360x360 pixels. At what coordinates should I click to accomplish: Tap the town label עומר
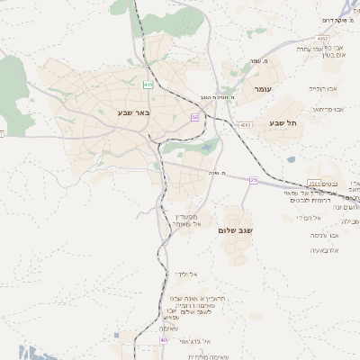click(x=262, y=89)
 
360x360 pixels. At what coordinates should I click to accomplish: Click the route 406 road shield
click(x=148, y=85)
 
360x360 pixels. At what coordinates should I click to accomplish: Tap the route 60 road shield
click(x=194, y=118)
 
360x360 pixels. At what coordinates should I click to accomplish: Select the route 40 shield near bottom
click(x=164, y=340)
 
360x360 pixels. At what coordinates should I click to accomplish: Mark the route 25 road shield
click(x=254, y=181)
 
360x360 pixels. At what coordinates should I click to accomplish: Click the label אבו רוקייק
click(x=320, y=89)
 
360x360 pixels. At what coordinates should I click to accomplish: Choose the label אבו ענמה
click(x=324, y=235)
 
